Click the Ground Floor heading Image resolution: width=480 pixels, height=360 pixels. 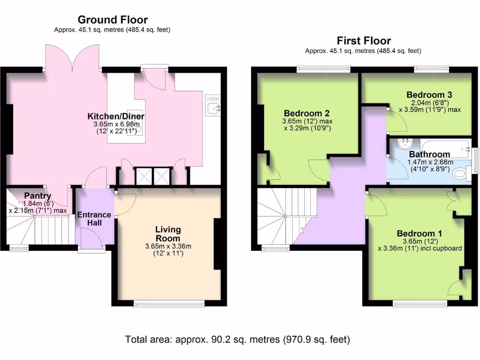(112, 20)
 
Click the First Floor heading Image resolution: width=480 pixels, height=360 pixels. (363, 41)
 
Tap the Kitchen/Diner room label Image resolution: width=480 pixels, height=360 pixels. (116, 116)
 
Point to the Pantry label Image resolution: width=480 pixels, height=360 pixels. (37, 196)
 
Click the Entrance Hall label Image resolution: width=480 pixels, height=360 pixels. (94, 219)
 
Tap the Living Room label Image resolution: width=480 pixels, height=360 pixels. (168, 233)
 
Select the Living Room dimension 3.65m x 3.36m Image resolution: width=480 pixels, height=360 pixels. (168, 246)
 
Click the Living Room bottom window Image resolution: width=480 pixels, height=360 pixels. (169, 304)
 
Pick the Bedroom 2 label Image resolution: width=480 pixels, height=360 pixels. (307, 113)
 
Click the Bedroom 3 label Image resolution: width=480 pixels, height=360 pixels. (429, 93)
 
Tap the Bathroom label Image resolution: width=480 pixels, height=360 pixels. (429, 154)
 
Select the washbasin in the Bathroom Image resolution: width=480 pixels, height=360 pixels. (404, 143)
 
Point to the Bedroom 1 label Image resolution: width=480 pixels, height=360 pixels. (420, 233)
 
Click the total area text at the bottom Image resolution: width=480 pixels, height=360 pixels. (238, 339)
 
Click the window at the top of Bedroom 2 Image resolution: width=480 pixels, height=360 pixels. (323, 69)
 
